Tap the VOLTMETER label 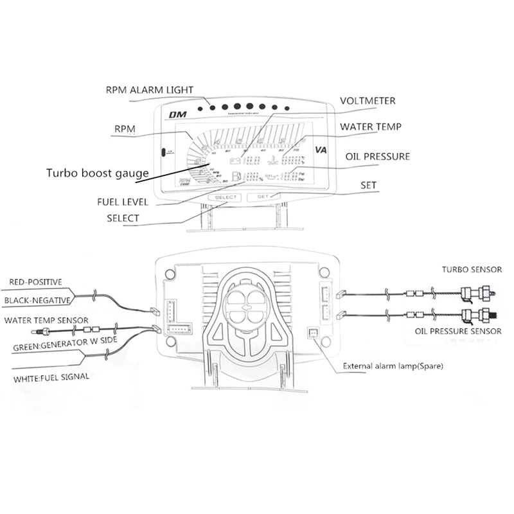click(x=368, y=101)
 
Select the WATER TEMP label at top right click(x=371, y=127)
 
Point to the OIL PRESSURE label click(x=378, y=156)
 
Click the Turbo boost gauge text click(x=98, y=173)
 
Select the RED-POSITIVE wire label click(x=35, y=282)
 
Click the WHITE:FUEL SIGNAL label click(x=51, y=378)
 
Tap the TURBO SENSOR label click(x=471, y=270)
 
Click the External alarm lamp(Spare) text click(x=393, y=367)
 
